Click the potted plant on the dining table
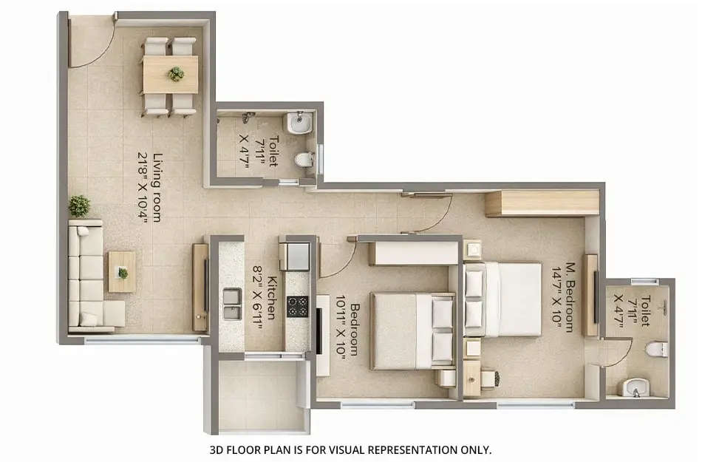point(176,73)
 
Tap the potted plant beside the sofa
point(79,205)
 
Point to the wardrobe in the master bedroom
point(542,203)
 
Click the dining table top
point(171,73)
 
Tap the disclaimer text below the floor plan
point(350,449)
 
